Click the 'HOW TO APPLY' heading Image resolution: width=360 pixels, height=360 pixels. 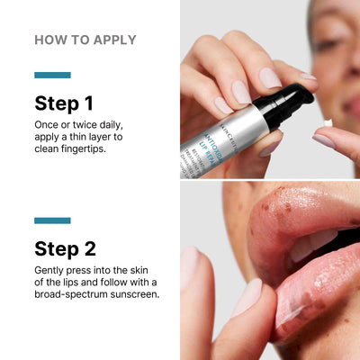[x=85, y=40]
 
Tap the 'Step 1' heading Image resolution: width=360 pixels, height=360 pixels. [x=65, y=103]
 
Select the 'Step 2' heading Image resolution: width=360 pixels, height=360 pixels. [x=66, y=248]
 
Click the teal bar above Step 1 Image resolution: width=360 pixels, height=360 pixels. [x=52, y=75]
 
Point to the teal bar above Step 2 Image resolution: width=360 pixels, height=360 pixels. [x=52, y=220]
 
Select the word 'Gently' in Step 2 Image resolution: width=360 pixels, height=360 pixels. [x=51, y=270]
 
